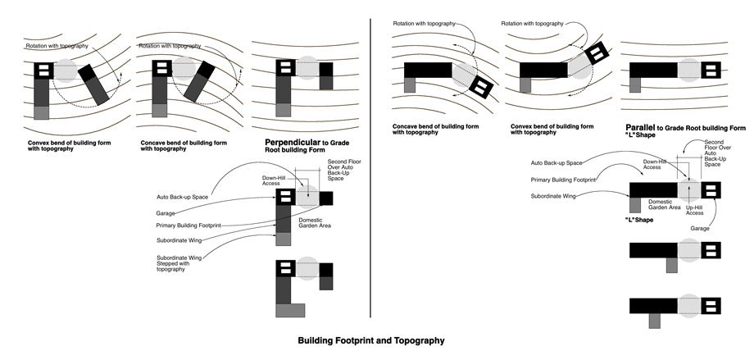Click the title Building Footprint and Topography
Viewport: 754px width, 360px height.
pyautogui.click(x=370, y=339)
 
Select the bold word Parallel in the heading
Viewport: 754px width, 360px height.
pyautogui.click(x=643, y=128)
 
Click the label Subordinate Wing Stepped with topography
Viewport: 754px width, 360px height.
pyautogui.click(x=179, y=262)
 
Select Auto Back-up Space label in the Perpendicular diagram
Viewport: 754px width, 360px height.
pyautogui.click(x=182, y=197)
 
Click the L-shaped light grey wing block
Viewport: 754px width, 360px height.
pyautogui.click(x=291, y=309)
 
